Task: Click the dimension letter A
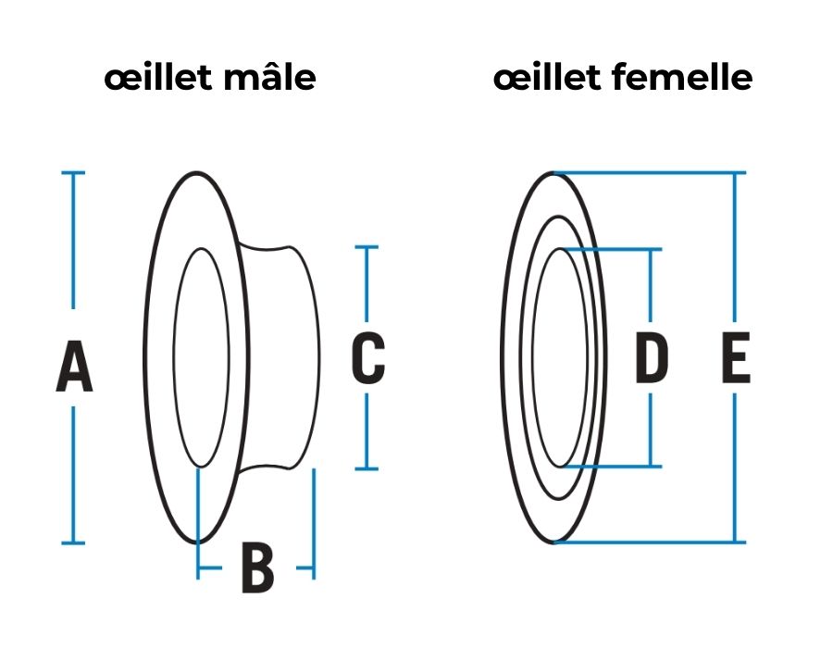tap(74, 367)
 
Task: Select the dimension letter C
tap(367, 359)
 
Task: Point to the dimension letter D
tap(652, 360)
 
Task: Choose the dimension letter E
tap(736, 360)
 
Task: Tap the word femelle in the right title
tap(686, 79)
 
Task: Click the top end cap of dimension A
tap(72, 173)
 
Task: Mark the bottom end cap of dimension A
tap(72, 542)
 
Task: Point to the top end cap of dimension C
tap(367, 247)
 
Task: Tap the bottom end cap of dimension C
tap(367, 468)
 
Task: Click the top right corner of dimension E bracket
tap(736, 173)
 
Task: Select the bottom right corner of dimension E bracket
tap(736, 542)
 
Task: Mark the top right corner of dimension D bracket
tap(652, 249)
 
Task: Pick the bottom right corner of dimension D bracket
tap(652, 466)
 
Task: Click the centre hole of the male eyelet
tap(201, 357)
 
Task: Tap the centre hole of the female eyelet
tap(561, 357)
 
